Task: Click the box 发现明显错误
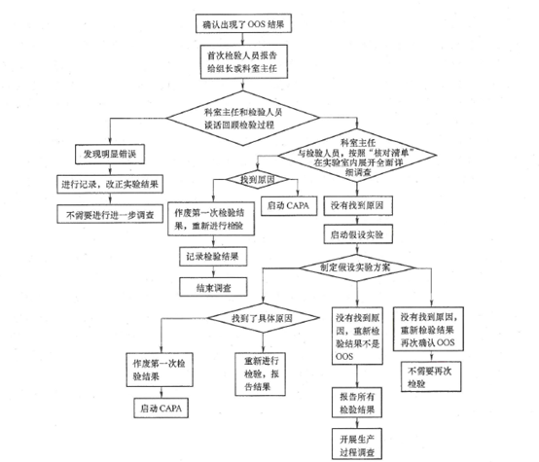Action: (108, 154)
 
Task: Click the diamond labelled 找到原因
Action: (246, 179)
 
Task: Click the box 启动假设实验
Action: (354, 236)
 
